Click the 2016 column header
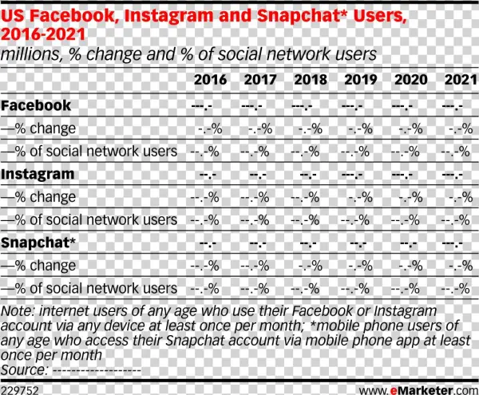pyautogui.click(x=210, y=80)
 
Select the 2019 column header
pyautogui.click(x=360, y=80)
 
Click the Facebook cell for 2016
pyautogui.click(x=205, y=106)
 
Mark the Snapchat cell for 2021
pyautogui.click(x=453, y=243)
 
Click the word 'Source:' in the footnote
pyautogui.click(x=24, y=369)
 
